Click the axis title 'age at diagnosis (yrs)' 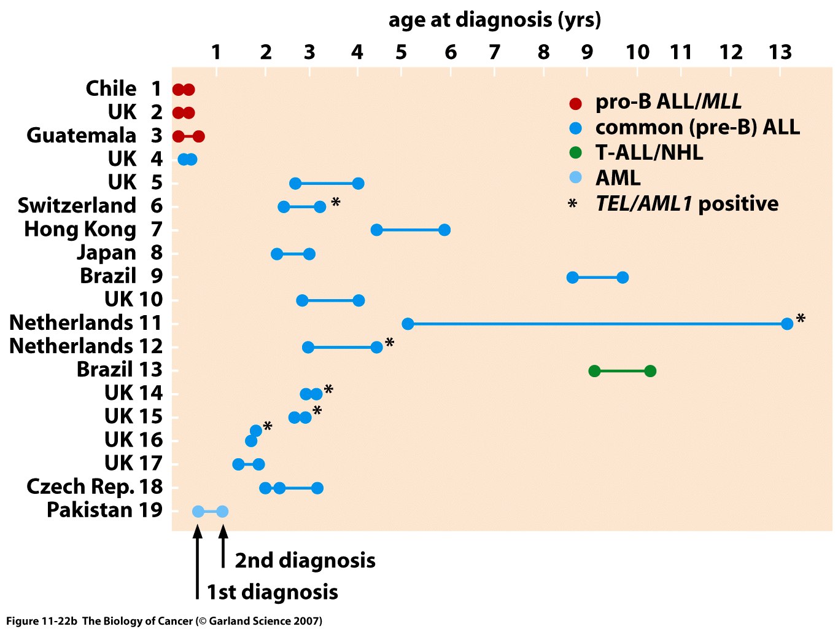click(x=494, y=20)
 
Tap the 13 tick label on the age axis click(x=780, y=53)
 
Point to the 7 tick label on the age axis click(x=494, y=53)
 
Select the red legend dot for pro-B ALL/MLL click(x=575, y=103)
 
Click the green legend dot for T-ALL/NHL click(x=575, y=153)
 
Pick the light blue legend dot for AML click(x=575, y=178)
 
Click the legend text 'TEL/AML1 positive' click(x=686, y=203)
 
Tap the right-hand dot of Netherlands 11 click(x=787, y=324)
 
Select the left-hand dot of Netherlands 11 click(x=408, y=324)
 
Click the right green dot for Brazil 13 click(x=650, y=371)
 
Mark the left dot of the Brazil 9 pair click(x=572, y=278)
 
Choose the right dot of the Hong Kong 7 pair click(x=444, y=230)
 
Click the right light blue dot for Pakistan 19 click(x=222, y=512)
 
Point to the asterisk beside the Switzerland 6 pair click(x=335, y=202)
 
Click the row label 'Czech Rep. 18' click(x=95, y=486)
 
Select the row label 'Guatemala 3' click(x=94, y=135)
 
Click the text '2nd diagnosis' click(x=305, y=560)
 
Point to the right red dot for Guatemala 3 click(x=198, y=136)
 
